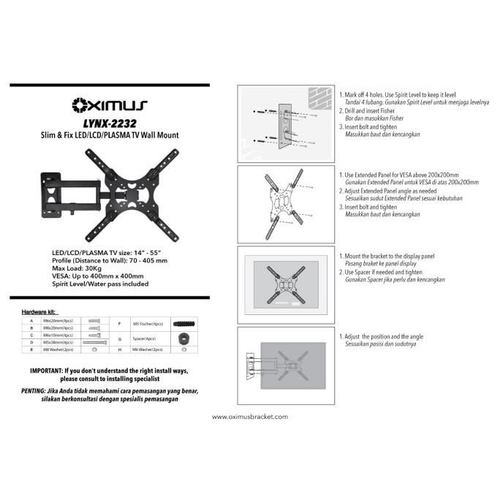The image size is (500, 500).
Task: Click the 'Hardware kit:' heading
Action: coord(41,311)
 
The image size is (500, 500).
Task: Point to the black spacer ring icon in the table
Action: coord(184,338)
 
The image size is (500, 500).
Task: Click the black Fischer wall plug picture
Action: coord(184,322)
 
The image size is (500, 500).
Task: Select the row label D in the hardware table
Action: coord(31,341)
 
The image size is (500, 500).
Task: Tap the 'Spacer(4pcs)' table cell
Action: coord(143,338)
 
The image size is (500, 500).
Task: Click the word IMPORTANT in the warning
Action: coord(48,372)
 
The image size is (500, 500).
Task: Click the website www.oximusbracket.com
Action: coord(250,417)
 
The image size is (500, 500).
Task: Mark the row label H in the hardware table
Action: coord(119,350)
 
